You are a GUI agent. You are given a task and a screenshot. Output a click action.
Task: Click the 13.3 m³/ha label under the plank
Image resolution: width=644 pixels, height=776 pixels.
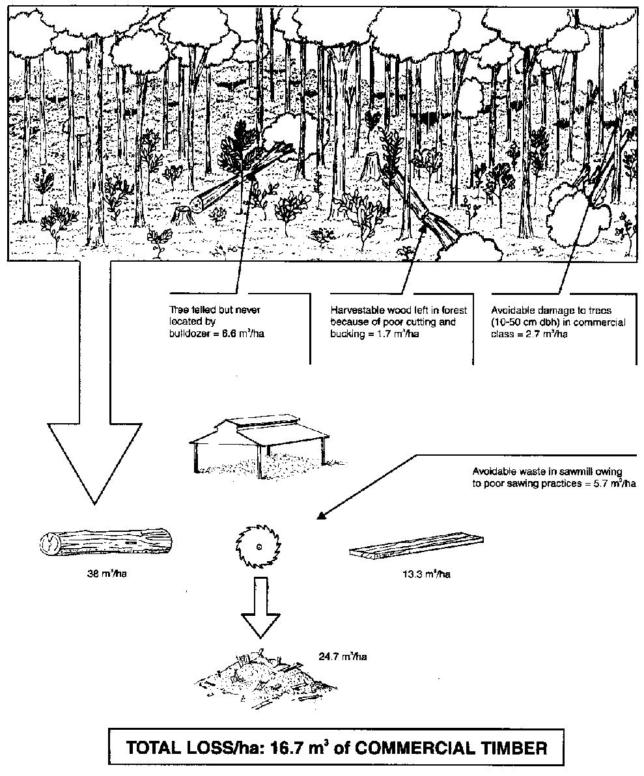[x=426, y=575]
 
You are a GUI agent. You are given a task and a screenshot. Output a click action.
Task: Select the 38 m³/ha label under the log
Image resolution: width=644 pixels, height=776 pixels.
[x=107, y=574]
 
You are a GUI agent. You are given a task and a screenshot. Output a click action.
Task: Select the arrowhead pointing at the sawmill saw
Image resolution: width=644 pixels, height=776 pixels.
[x=320, y=518]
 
